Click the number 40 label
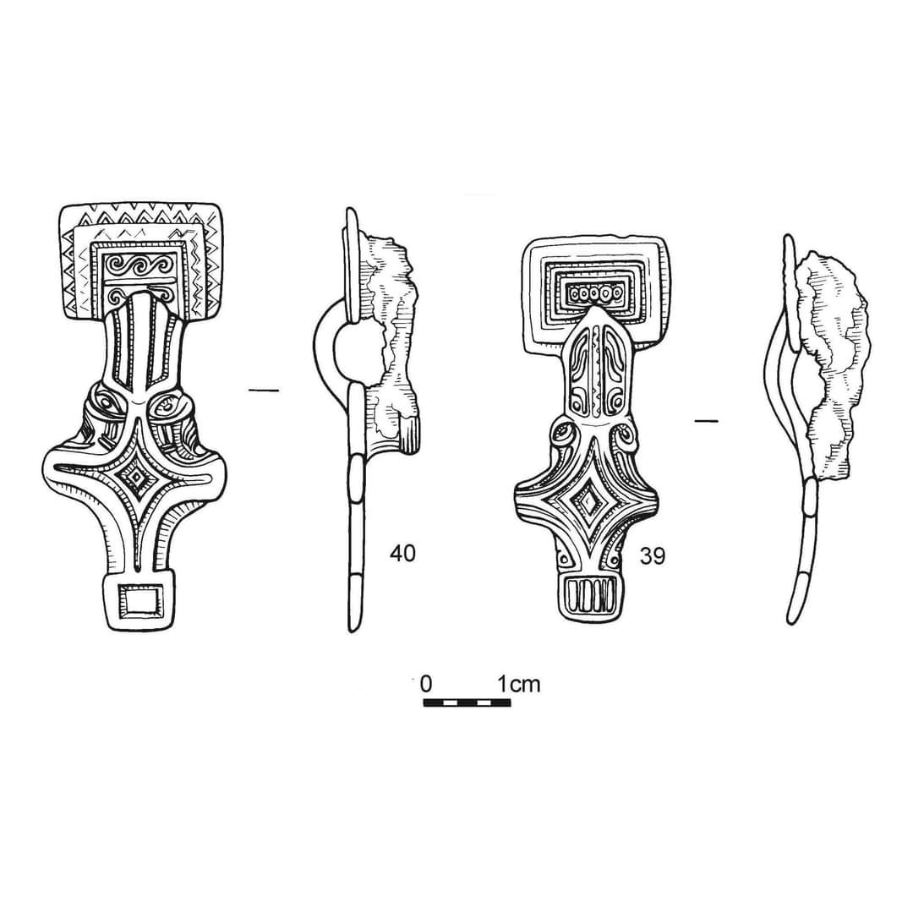pos(402,554)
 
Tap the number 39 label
pos(652,555)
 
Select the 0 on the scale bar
pos(426,683)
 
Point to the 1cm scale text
pos(518,683)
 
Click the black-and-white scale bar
pos(467,703)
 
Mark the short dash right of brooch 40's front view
pos(264,390)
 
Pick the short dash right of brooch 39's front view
pos(706,420)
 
